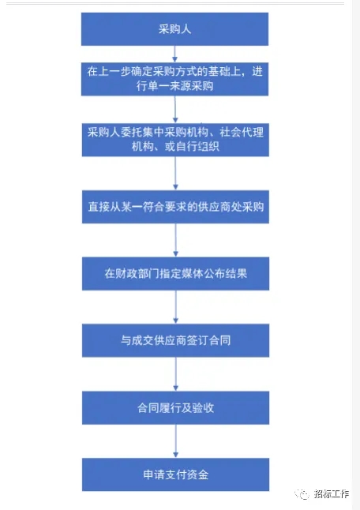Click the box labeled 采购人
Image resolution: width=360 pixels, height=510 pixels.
coord(174,29)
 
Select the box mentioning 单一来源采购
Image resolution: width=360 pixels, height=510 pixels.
coord(174,79)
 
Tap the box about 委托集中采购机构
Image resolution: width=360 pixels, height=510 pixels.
coord(175,140)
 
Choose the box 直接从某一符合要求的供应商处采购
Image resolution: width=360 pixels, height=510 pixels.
coord(175,207)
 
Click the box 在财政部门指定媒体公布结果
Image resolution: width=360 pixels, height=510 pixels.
coord(175,273)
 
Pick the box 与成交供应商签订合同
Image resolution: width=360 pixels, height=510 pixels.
coord(175,340)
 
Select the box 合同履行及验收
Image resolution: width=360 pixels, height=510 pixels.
coord(175,408)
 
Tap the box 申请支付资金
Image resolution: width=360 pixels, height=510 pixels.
coord(175,474)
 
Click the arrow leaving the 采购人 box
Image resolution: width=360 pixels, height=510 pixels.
coord(174,54)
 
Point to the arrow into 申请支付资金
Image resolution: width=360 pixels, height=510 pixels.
coord(175,441)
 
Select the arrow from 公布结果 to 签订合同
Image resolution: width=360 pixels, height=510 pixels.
coord(175,307)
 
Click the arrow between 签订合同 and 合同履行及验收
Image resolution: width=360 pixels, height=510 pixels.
coord(175,374)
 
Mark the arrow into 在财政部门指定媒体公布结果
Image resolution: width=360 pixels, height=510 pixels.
coord(175,240)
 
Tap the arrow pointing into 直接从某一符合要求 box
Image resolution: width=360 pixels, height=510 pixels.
coord(175,174)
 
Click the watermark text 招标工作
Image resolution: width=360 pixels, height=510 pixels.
coord(332,493)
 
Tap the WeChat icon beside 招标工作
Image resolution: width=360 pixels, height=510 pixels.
coord(302,494)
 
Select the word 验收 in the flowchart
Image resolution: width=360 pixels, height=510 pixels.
coord(203,408)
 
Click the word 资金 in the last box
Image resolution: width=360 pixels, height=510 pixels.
coord(197,474)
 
